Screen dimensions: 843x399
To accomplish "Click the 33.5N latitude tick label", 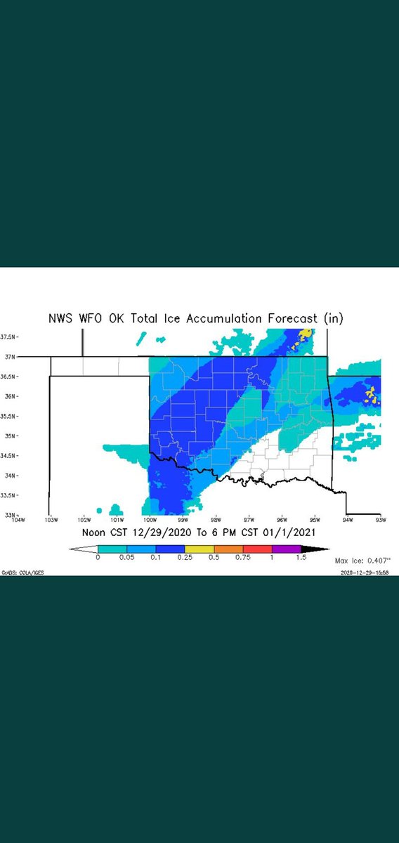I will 7,495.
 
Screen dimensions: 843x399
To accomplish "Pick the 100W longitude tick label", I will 149,521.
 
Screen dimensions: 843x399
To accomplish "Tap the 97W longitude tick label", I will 249,521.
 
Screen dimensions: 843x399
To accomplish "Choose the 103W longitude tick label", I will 50,521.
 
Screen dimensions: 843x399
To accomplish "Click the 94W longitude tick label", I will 348,521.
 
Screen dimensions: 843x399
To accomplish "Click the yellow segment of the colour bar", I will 199,548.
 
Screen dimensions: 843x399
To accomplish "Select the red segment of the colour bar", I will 256,548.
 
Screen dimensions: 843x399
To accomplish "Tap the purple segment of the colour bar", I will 285,548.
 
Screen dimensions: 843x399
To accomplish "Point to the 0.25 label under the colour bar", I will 185,557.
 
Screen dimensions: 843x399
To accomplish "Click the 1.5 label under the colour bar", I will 300,557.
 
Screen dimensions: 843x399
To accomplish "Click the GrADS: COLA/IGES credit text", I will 24,573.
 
